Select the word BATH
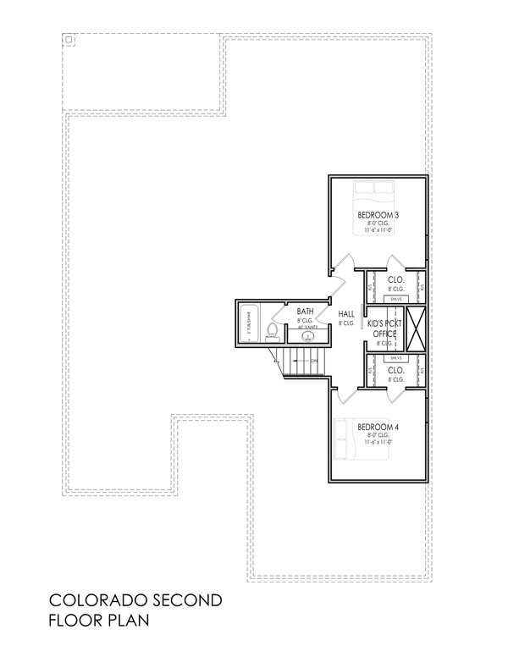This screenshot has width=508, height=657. click(x=305, y=312)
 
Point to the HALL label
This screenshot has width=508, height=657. click(x=346, y=313)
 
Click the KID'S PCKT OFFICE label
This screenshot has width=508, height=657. click(x=385, y=328)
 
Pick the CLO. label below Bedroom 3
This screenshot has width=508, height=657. click(x=395, y=279)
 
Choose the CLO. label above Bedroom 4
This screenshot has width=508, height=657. click(x=395, y=370)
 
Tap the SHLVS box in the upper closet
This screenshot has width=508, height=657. click(x=395, y=299)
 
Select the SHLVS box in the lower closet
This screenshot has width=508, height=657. click(x=395, y=357)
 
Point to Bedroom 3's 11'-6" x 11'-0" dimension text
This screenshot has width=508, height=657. click(x=377, y=230)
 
